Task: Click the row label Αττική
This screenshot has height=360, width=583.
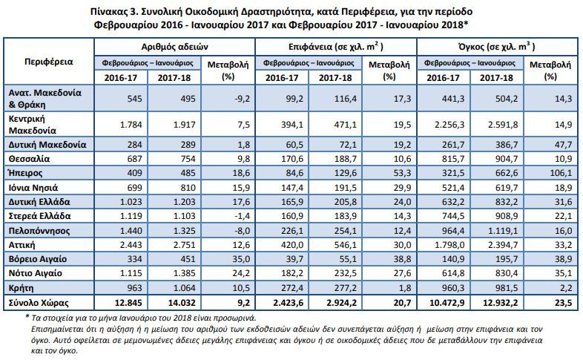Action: [22, 245]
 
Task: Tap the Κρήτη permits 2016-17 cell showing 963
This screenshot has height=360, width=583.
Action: [134, 288]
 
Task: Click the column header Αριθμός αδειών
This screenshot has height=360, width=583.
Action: [174, 47]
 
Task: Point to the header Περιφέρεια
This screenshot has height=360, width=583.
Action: [49, 62]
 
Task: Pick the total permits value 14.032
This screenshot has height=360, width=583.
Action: [182, 303]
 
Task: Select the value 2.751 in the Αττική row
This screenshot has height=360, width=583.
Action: [184, 245]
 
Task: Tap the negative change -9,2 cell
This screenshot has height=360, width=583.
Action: [242, 99]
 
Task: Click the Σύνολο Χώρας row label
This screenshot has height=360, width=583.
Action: [39, 303]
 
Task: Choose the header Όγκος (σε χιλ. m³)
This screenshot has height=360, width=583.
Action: [497, 47]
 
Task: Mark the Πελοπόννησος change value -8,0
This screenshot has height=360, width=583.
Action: [242, 231]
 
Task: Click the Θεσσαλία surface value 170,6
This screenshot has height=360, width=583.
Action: [292, 159]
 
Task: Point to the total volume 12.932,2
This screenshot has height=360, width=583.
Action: [500, 303]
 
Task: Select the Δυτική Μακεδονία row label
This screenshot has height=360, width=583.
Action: [47, 145]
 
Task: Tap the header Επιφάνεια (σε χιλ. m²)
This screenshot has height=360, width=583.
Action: [336, 47]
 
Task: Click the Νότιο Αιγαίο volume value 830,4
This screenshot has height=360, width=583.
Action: [507, 273]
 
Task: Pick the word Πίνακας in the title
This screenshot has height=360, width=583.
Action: [108, 12]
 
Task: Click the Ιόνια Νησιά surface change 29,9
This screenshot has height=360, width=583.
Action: [402, 188]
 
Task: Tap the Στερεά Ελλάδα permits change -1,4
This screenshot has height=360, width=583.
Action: [242, 216]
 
